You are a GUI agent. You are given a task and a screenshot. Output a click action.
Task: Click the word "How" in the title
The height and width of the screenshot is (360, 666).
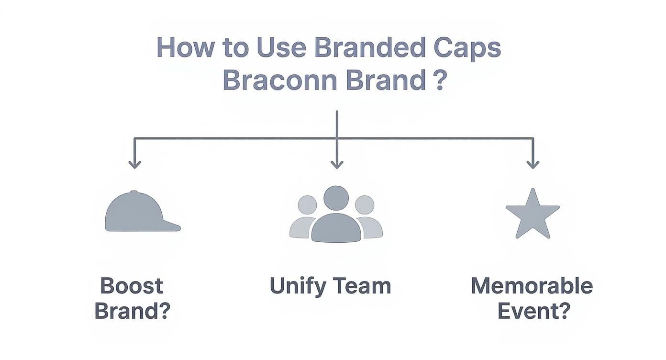184,48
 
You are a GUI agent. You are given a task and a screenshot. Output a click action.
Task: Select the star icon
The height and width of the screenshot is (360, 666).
532,214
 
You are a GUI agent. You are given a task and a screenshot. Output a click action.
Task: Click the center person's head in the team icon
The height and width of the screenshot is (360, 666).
336,197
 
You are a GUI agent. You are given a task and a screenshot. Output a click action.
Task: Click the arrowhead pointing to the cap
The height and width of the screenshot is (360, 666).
135,164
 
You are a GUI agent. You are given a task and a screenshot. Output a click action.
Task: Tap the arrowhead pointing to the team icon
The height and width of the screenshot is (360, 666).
337,164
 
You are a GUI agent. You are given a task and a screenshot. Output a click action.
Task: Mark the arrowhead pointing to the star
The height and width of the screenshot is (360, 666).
533,164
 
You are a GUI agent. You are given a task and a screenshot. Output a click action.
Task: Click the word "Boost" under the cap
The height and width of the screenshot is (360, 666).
132,286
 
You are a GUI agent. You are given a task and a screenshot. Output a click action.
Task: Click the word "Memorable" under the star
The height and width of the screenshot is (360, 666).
532,286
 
